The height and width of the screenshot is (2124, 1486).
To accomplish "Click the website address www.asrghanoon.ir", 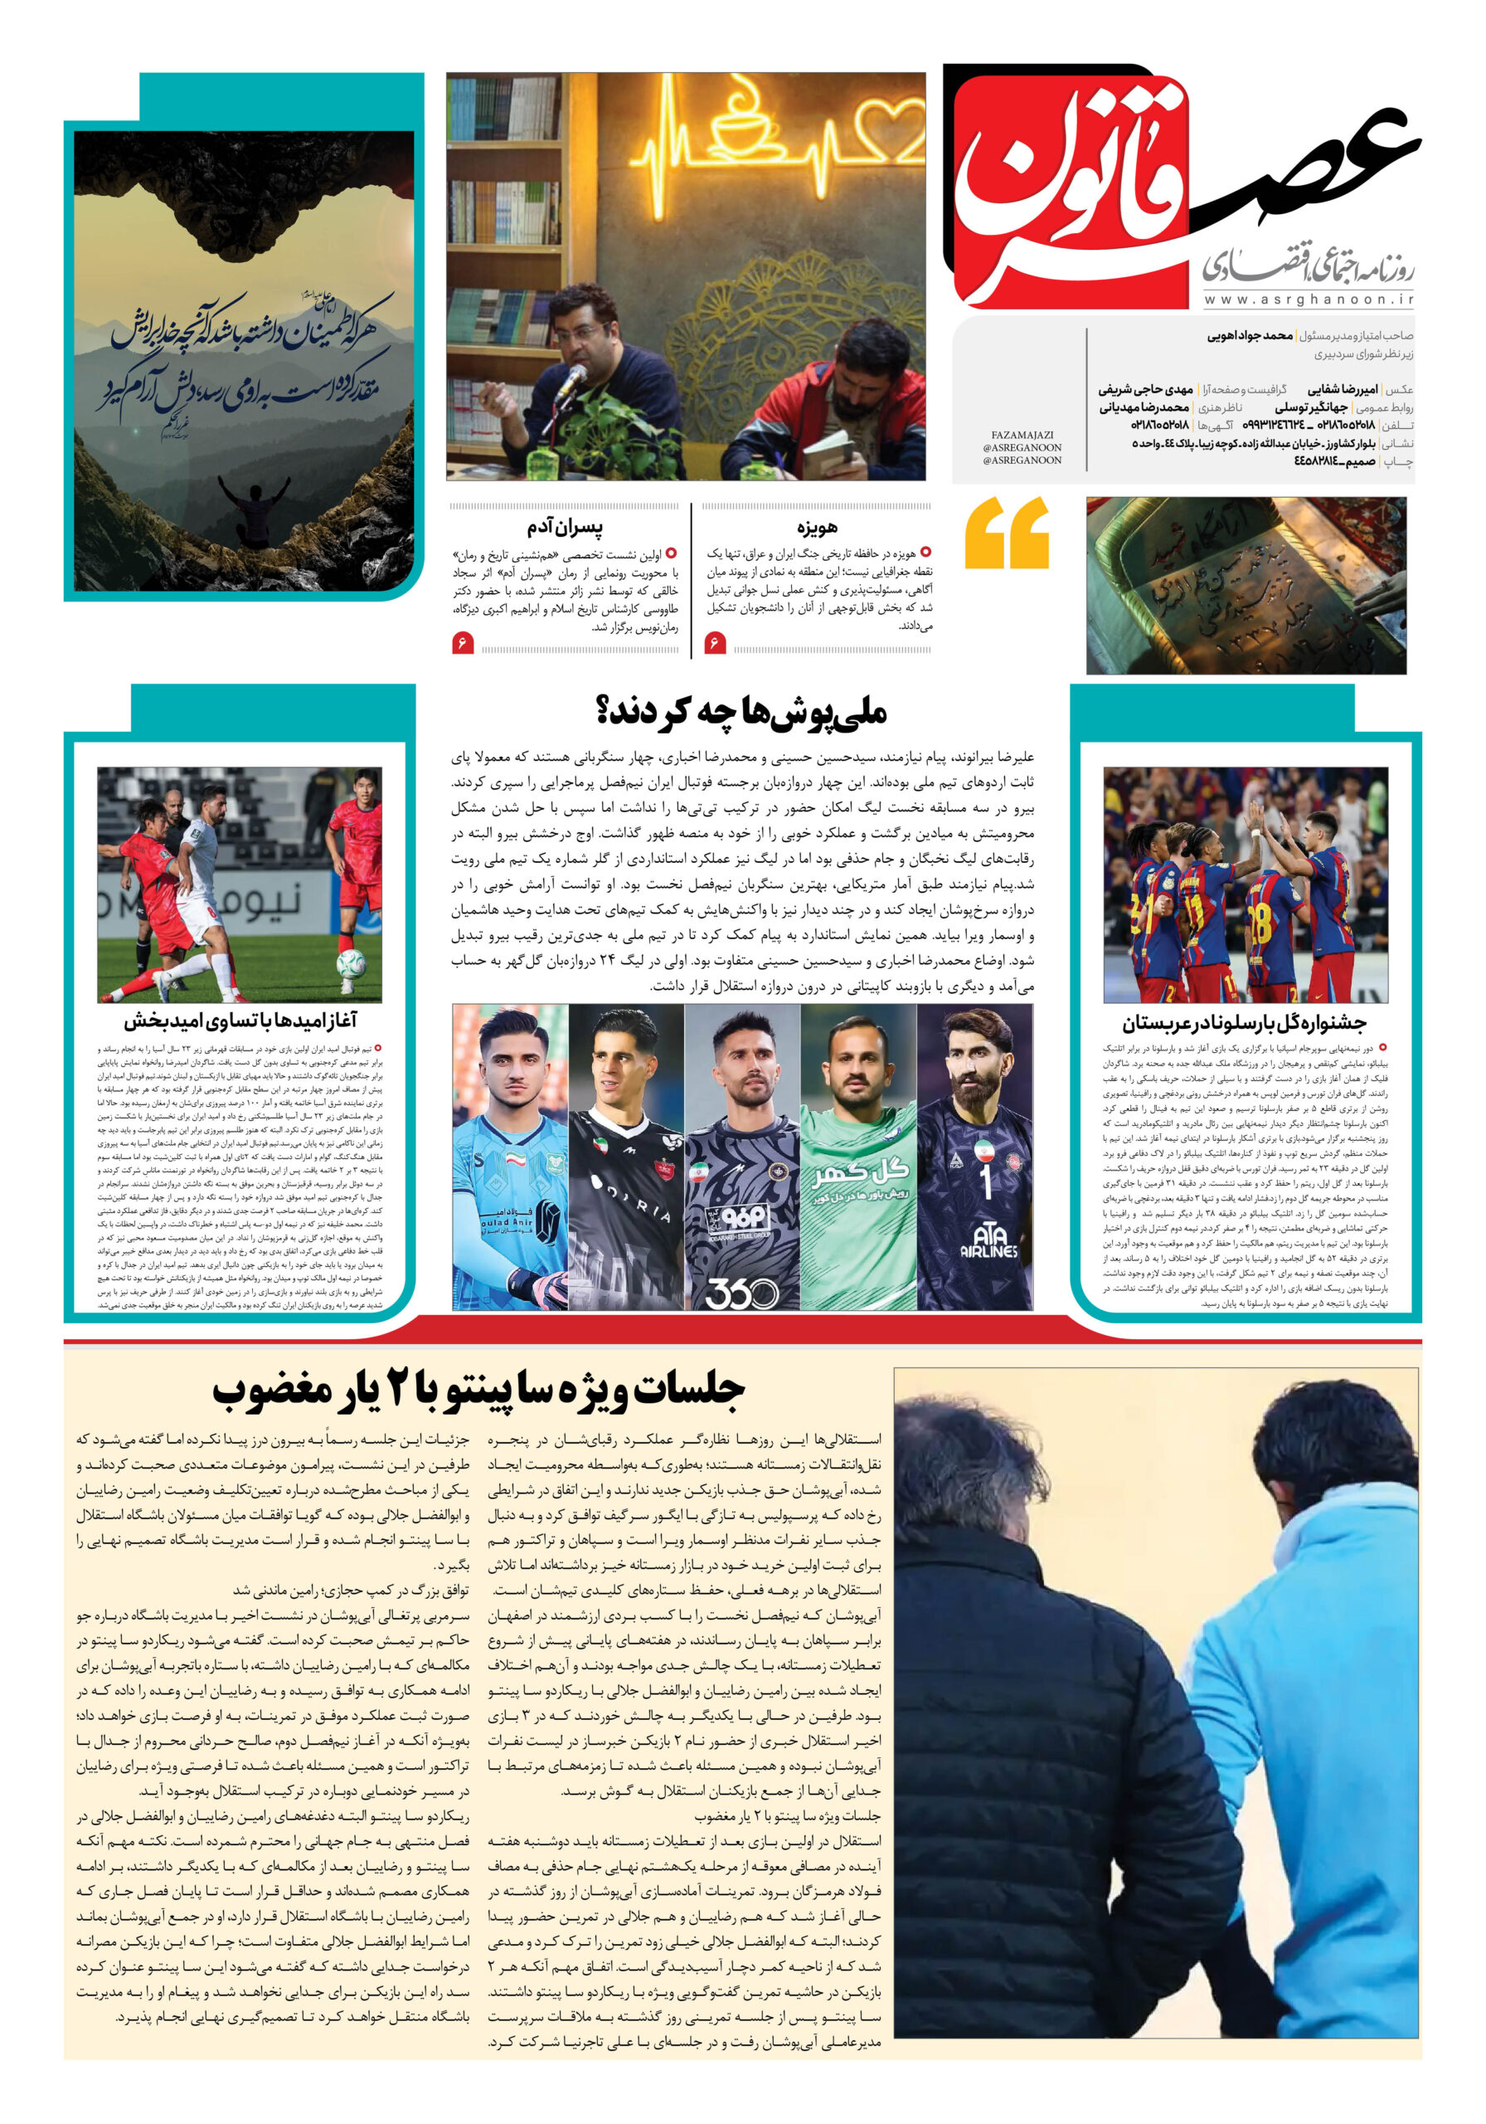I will point(1309,300).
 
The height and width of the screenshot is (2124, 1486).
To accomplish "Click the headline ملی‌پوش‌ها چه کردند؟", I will point(741,711).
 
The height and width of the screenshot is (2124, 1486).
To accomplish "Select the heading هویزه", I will point(818,528).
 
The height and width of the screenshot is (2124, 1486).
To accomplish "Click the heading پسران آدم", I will point(565,528).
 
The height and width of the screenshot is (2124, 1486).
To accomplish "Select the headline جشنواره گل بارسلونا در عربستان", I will point(1244,1023).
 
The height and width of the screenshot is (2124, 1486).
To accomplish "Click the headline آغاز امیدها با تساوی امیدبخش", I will point(240,1021).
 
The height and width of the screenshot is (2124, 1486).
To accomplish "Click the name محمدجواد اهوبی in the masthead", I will point(1250,336).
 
